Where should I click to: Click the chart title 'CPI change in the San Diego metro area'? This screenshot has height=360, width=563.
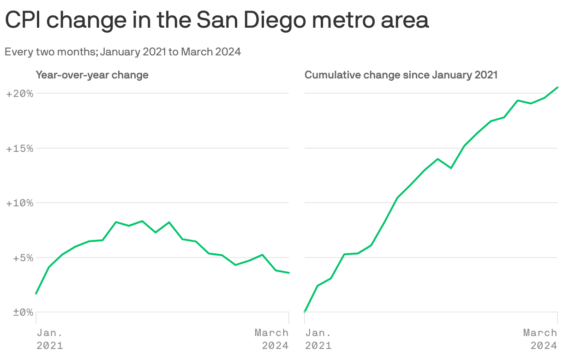coord(217,20)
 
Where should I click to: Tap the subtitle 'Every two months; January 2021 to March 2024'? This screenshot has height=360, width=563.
coord(123,52)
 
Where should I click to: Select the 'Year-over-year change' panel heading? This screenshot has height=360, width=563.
coord(92,75)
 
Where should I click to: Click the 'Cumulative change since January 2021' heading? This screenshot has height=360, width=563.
coord(401,75)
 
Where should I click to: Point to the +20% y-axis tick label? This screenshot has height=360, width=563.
coord(20,94)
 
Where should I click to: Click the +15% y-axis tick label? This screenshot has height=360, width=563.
coord(20,149)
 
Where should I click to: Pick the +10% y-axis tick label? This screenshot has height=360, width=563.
coord(20,203)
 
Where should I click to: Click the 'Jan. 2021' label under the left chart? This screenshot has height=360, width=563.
coord(50,339)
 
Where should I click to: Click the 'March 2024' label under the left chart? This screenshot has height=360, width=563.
coord(272,339)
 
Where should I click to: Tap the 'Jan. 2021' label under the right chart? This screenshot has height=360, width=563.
coord(318,339)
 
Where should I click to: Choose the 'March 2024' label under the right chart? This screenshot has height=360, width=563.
coord(540,339)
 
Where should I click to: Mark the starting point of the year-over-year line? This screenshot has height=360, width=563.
coord(36,294)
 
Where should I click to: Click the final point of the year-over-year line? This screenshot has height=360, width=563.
coord(289,273)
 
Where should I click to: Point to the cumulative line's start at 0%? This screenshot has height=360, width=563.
coord(305,312)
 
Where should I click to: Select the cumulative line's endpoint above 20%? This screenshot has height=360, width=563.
coord(557,87)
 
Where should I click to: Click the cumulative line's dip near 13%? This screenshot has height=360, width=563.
coord(451,168)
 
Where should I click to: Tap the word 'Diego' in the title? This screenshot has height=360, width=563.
coord(272,20)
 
